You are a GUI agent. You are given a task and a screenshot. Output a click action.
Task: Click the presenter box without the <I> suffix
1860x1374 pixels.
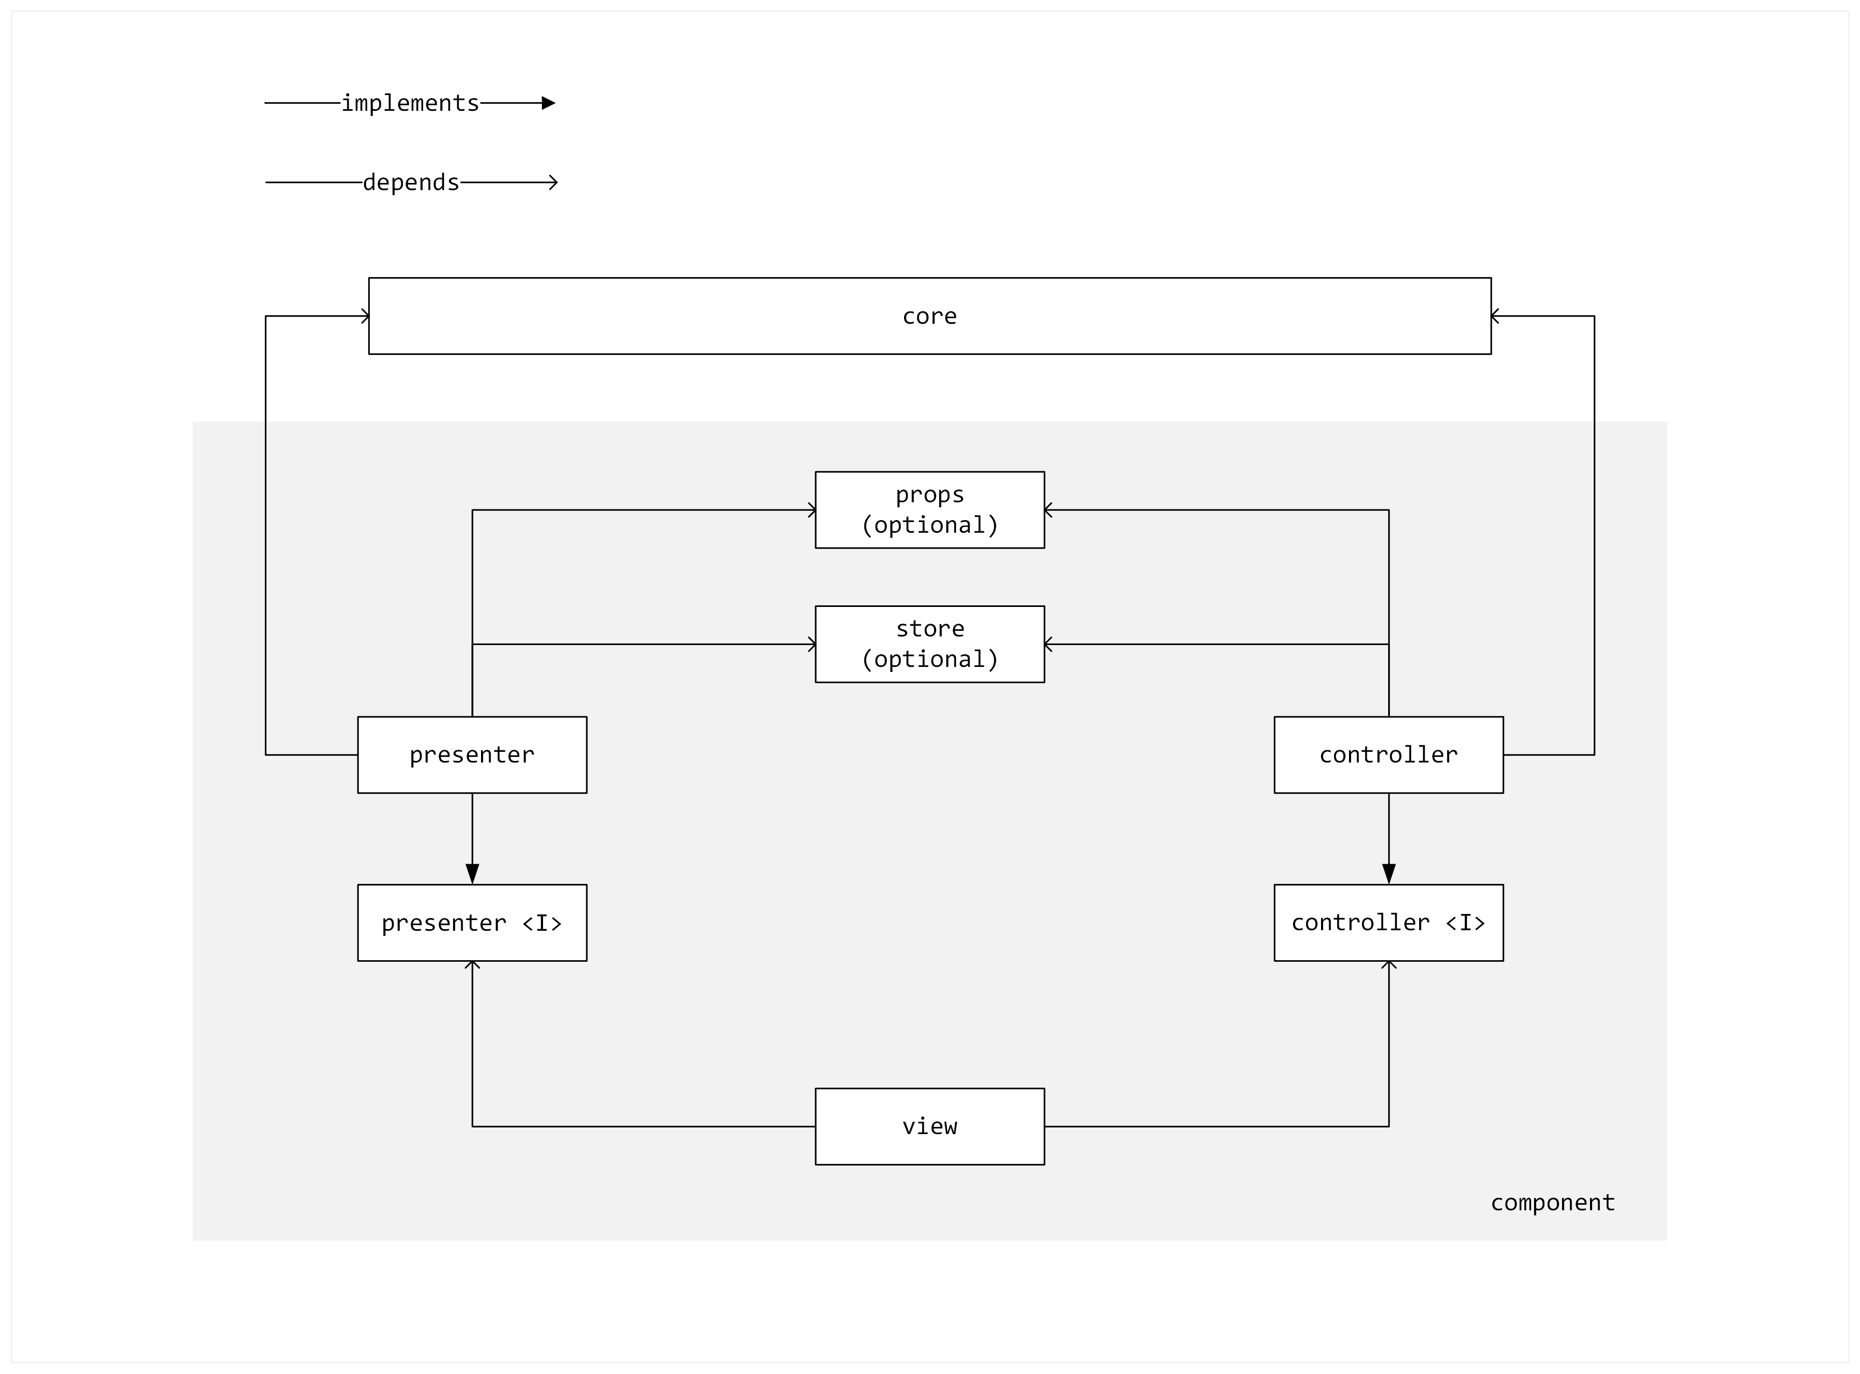coord(472,755)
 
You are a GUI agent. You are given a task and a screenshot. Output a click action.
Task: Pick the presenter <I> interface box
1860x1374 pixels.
coord(472,923)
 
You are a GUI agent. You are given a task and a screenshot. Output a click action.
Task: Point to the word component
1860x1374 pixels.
coord(1552,1203)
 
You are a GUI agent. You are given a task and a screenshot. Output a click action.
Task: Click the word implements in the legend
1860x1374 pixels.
coord(410,103)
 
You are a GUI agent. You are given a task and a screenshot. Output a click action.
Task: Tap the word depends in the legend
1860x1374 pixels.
coord(411,182)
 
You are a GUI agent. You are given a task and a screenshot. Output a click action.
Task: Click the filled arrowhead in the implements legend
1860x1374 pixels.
coord(548,103)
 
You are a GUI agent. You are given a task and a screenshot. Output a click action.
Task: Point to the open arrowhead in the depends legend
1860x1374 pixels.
coord(553,182)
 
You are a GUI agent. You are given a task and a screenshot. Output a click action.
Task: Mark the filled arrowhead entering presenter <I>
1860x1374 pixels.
coord(472,874)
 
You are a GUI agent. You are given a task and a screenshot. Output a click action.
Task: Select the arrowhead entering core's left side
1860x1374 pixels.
coord(365,316)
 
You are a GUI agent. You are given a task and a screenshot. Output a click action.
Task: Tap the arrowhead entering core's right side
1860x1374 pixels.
coord(1495,316)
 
